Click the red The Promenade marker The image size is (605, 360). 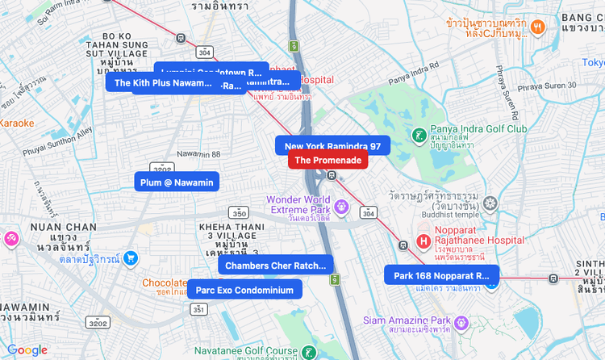[328, 160]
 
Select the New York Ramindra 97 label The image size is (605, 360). [332, 146]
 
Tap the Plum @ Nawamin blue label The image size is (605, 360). [177, 182]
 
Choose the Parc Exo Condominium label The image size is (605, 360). [244, 290]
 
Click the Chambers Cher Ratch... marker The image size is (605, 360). [275, 265]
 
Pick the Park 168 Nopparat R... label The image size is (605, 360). [441, 275]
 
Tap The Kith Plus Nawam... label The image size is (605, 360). [161, 82]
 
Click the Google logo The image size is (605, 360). [27, 350]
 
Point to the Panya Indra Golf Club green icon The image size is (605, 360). [418, 135]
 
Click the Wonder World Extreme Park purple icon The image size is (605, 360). [341, 207]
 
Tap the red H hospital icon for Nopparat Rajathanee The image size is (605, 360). [423, 241]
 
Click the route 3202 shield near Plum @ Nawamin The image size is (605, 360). [162, 169]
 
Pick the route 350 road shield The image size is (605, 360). [239, 213]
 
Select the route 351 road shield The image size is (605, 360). [198, 309]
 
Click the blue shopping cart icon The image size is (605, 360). [131, 258]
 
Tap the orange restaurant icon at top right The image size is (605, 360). [538, 27]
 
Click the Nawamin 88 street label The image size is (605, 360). [198, 153]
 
